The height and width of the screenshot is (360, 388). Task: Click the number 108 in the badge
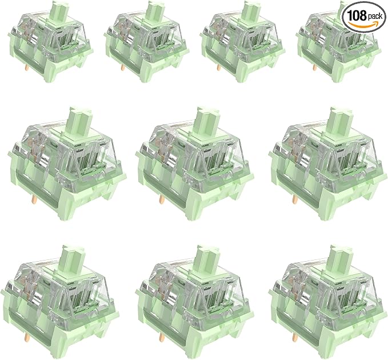(357, 15)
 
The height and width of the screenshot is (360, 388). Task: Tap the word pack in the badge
(375, 17)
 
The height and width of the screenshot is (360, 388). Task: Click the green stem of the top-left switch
(59, 10)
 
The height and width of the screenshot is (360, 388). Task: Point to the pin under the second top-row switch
(122, 67)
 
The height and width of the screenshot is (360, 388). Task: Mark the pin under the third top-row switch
(218, 67)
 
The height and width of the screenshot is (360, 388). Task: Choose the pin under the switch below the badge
(314, 67)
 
